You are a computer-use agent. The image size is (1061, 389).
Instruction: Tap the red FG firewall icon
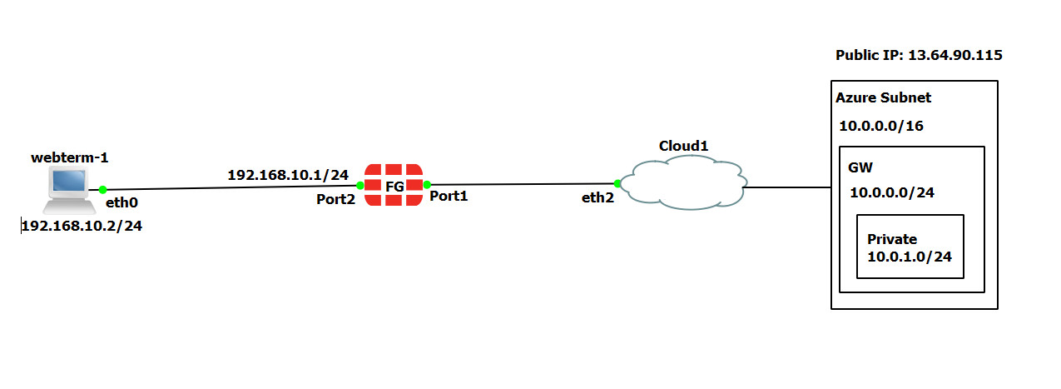click(x=394, y=185)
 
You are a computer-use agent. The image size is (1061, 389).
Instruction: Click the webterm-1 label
click(x=70, y=157)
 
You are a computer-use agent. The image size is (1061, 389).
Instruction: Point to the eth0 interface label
click(x=121, y=202)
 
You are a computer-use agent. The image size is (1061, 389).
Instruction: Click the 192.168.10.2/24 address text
click(x=82, y=227)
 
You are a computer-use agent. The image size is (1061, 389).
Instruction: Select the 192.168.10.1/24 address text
click(x=288, y=175)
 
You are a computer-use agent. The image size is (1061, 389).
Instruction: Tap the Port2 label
click(x=336, y=199)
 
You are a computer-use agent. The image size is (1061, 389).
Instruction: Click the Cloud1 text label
click(x=683, y=146)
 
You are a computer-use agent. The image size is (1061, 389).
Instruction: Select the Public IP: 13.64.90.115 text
click(x=919, y=56)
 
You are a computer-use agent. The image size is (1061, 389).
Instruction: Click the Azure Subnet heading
click(x=883, y=97)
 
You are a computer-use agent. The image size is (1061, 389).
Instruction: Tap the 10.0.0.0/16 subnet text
click(x=881, y=127)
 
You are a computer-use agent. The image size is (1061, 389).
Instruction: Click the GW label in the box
click(x=860, y=167)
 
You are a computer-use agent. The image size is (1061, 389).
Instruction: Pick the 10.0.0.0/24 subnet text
click(x=892, y=192)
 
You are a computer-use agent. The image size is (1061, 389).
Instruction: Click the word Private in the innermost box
click(x=892, y=239)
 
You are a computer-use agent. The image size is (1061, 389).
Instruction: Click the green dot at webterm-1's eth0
click(x=102, y=190)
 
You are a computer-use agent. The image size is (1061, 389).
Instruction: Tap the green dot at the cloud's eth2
click(x=617, y=183)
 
